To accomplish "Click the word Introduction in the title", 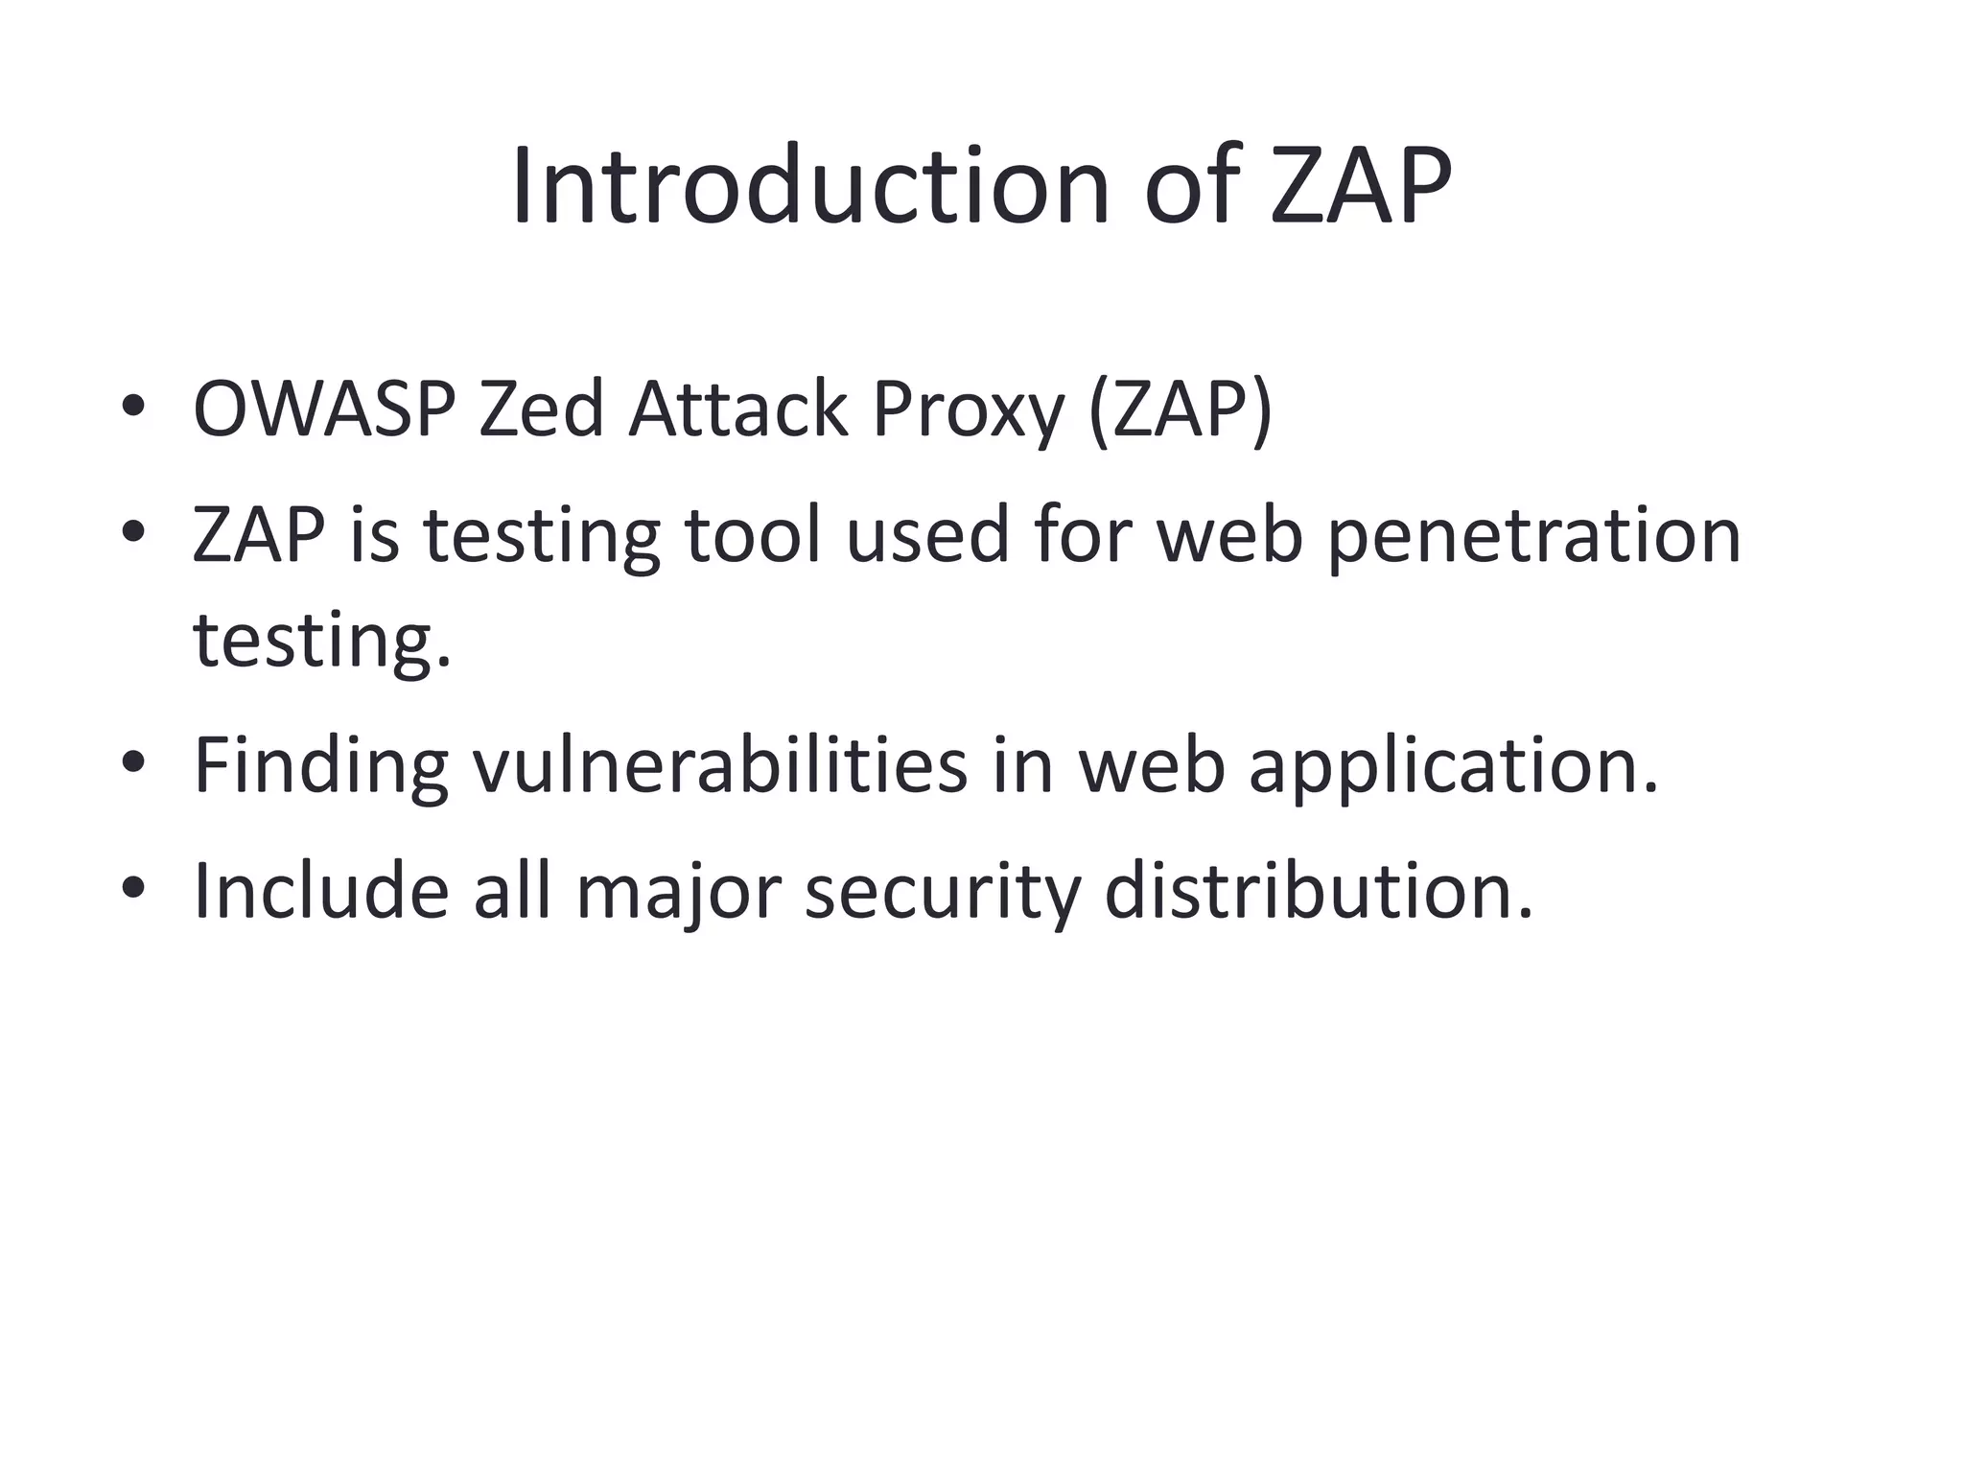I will pos(810,186).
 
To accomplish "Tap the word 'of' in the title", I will pos(1193,186).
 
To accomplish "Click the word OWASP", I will pos(324,409).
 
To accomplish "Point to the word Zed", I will pos(541,409).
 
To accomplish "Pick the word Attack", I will pos(737,409).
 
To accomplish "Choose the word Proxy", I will pos(968,411).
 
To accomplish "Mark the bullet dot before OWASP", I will pos(133,407).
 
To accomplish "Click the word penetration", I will pos(1534,536).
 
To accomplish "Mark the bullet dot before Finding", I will pos(133,761).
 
